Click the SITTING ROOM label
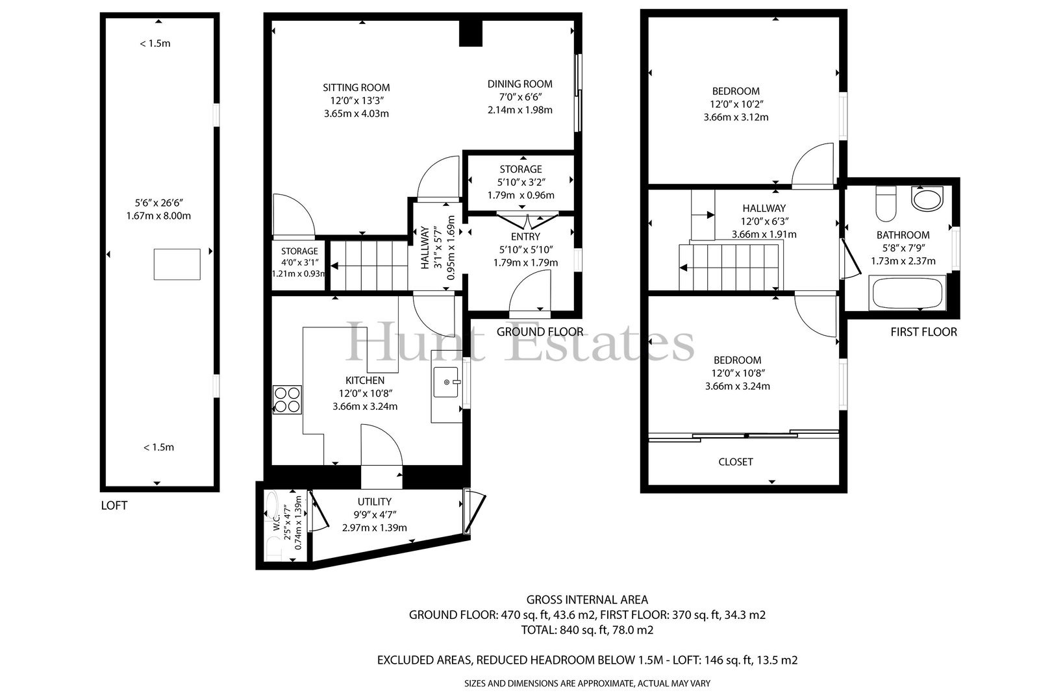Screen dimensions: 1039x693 tap(357, 87)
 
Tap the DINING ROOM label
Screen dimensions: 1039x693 tap(519, 84)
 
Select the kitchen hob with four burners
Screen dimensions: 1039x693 tap(287, 400)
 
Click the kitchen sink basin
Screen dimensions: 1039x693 tap(446, 382)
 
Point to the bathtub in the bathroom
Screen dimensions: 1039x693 tap(907, 293)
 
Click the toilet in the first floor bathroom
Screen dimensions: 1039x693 tap(886, 204)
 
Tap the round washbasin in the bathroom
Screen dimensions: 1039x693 tap(927, 199)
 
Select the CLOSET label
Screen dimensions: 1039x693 tap(735, 462)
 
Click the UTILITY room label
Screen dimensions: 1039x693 tap(374, 502)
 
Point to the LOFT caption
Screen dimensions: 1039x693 tap(114, 505)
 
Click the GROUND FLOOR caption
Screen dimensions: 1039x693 tap(540, 332)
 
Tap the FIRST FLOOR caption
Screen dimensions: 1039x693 tap(923, 332)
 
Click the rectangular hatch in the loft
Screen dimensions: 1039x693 tap(177, 264)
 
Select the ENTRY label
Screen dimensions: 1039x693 tap(525, 236)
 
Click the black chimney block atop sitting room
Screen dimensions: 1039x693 tap(471, 33)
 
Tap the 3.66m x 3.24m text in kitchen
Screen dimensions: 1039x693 tap(365, 407)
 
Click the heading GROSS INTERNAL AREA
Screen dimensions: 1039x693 tap(587, 599)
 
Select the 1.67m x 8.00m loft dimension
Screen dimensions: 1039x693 tap(158, 216)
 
